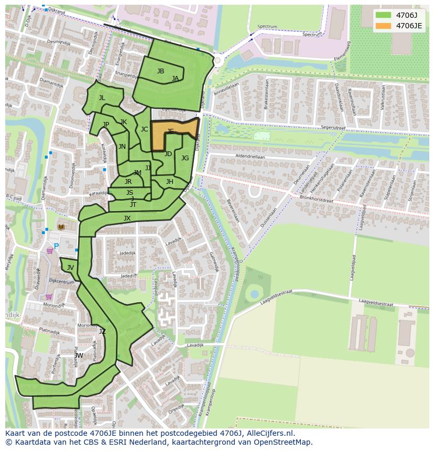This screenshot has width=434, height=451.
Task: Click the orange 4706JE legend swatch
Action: click(383, 26)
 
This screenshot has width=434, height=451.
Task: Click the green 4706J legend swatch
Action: click(383, 15)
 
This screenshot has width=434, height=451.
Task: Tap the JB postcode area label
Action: click(160, 71)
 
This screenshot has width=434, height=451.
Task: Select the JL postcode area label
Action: click(102, 98)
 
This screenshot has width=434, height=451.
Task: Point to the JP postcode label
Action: click(106, 125)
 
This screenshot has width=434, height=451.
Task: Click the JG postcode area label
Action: click(185, 158)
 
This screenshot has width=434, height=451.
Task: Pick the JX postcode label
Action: click(127, 218)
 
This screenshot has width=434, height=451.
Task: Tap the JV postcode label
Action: click(70, 268)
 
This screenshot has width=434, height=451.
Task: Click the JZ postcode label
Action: click(102, 331)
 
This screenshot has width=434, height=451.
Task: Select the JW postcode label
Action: click(79, 356)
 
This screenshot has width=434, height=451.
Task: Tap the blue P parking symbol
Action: click(56, 246)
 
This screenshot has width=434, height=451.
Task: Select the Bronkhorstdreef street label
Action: click(331, 200)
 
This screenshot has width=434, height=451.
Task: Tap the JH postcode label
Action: click(169, 182)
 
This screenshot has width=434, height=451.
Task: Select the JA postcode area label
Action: click(175, 79)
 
